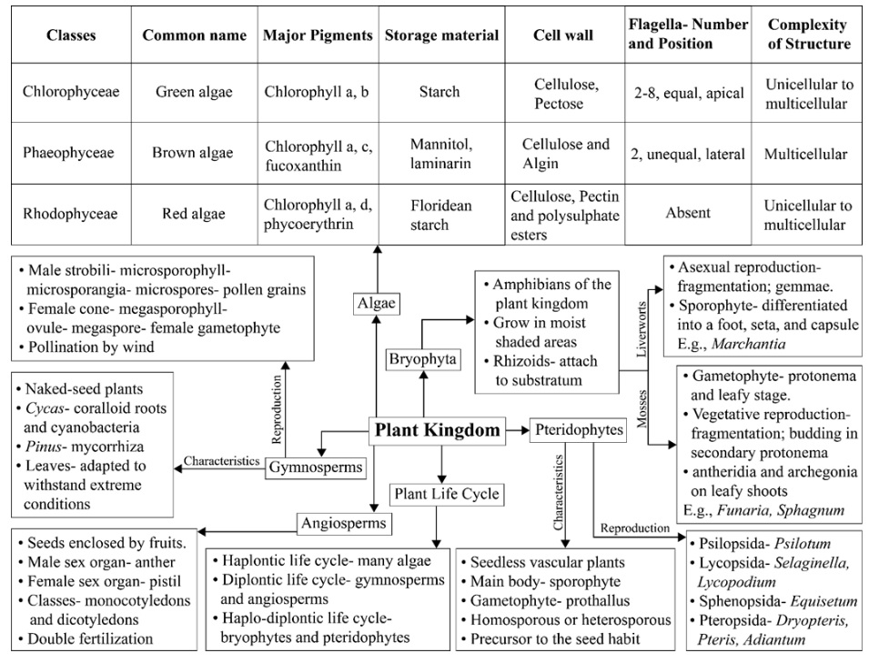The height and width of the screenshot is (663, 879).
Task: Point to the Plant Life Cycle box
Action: point(444,494)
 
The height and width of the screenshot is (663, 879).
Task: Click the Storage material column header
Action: point(441,35)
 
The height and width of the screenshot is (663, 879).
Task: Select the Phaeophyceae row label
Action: point(68,153)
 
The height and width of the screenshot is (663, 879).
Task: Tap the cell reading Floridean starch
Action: point(441,215)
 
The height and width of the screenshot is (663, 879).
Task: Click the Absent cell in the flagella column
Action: point(688,213)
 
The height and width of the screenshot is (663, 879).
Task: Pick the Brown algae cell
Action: point(194,153)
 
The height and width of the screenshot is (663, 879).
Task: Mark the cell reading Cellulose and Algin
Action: point(564,153)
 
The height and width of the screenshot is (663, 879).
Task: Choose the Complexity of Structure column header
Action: point(807,35)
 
